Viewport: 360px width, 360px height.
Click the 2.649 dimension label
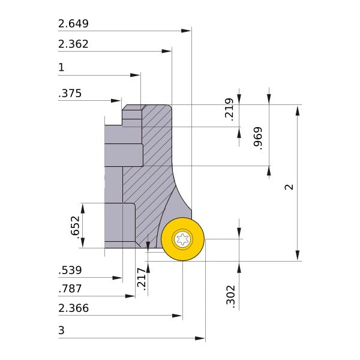[73, 24]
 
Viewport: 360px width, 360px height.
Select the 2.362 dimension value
[73, 44]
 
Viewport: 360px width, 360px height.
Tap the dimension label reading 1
[61, 68]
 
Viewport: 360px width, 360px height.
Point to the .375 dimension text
[70, 94]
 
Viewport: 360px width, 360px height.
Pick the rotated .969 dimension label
[258, 138]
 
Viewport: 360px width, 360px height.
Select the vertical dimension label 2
[289, 187]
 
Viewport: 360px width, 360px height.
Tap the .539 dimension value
[70, 271]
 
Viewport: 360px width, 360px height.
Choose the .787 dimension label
[70, 289]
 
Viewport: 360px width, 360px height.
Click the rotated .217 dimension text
[142, 280]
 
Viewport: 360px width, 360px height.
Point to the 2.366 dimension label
[73, 308]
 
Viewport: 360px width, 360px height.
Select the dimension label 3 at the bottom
[61, 331]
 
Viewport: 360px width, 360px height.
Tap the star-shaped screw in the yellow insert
[182, 239]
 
